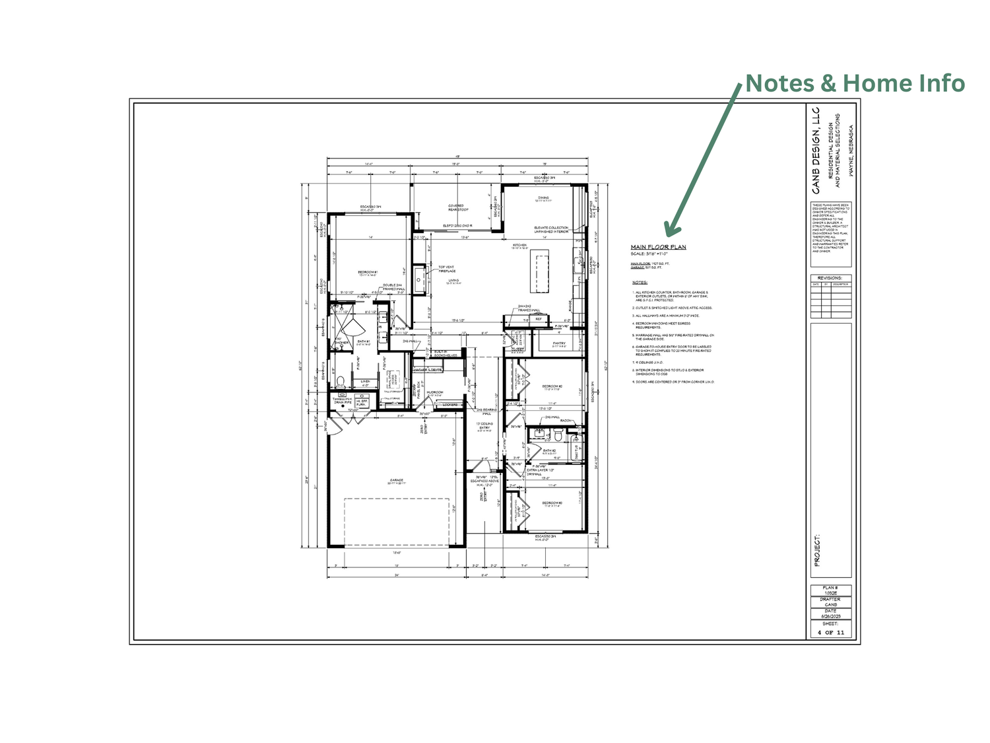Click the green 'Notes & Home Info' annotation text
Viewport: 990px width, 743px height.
coord(855,84)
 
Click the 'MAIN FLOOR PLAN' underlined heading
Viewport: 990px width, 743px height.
coord(658,247)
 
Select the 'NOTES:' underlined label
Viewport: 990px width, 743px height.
coord(640,283)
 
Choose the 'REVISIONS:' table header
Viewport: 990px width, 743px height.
coord(830,278)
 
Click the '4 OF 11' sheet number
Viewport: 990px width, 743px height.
coord(830,632)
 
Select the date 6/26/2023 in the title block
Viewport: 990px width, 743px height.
coord(830,616)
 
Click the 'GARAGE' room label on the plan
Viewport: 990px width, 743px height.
coord(396,481)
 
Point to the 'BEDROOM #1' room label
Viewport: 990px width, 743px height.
coord(368,272)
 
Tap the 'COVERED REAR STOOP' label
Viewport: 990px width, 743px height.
coord(456,207)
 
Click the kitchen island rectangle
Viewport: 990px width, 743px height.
coord(539,271)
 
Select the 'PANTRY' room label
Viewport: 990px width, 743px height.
coord(559,343)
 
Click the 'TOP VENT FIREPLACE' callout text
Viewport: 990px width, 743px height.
coord(447,269)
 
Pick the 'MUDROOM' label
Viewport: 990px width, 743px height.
coord(434,392)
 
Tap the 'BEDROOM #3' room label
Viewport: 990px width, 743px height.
coord(552,503)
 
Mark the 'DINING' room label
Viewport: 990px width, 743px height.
coord(543,197)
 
